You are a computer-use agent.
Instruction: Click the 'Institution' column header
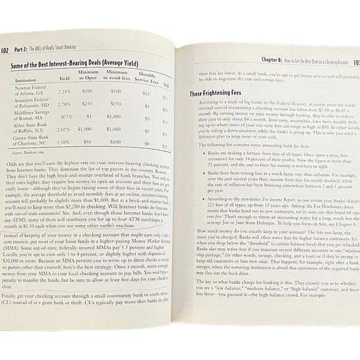tap(25, 80)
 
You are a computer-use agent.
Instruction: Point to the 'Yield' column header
tap(64, 79)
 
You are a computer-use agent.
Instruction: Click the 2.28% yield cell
tap(64, 91)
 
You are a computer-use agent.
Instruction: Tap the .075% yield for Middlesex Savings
tap(65, 117)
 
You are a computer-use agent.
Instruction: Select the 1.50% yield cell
tap(64, 142)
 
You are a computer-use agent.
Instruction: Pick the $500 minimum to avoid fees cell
tap(115, 91)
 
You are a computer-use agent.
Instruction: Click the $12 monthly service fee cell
tap(146, 93)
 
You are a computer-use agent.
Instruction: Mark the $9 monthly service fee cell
tap(146, 143)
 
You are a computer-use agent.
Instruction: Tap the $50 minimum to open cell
tap(89, 142)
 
